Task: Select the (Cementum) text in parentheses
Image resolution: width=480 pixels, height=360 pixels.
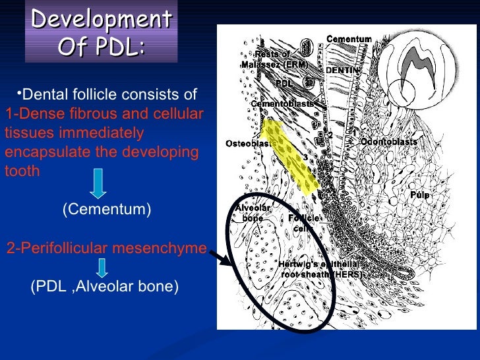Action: click(107, 210)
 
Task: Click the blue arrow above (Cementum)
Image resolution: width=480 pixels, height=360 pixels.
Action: click(98, 184)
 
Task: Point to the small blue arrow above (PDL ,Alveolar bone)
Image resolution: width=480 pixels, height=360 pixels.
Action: click(103, 266)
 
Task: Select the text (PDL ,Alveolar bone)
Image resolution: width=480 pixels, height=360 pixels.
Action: click(105, 287)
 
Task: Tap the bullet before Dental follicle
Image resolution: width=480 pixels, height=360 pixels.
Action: click(20, 92)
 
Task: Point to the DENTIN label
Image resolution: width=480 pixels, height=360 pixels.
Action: click(343, 69)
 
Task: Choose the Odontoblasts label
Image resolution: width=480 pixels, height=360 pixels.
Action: click(388, 142)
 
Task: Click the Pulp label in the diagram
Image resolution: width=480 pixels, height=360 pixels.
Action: click(419, 196)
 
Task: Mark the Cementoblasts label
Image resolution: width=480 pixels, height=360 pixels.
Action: click(282, 104)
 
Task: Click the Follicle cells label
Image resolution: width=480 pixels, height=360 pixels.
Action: click(303, 223)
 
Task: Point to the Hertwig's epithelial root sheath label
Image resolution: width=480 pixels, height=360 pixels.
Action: click(320, 269)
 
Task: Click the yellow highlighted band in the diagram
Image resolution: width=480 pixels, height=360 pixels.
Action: click(291, 154)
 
